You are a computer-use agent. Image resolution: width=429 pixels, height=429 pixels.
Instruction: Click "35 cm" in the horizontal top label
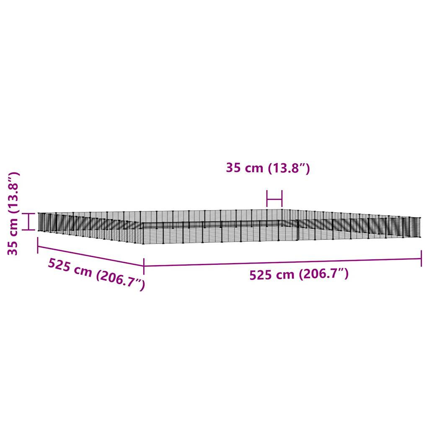(x=244, y=168)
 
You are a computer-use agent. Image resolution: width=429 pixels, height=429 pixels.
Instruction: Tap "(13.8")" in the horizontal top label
(x=288, y=168)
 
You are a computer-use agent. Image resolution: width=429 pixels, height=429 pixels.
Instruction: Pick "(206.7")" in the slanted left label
(x=120, y=280)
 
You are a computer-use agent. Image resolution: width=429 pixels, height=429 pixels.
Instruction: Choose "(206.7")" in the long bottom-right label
(x=323, y=274)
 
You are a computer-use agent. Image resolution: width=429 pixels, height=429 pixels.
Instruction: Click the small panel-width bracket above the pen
(x=274, y=199)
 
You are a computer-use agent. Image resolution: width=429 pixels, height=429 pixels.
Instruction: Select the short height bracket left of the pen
(x=28, y=221)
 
